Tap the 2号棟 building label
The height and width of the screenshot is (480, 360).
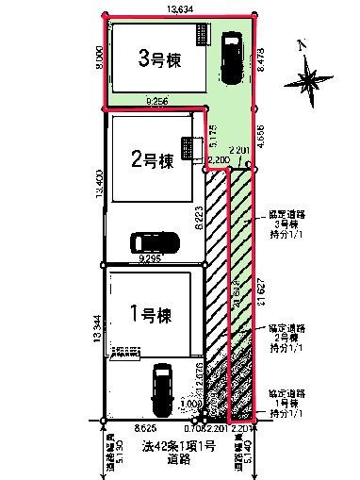point(152,160)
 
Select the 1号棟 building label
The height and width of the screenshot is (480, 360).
point(149,311)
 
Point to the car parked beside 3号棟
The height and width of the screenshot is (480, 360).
point(229,60)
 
